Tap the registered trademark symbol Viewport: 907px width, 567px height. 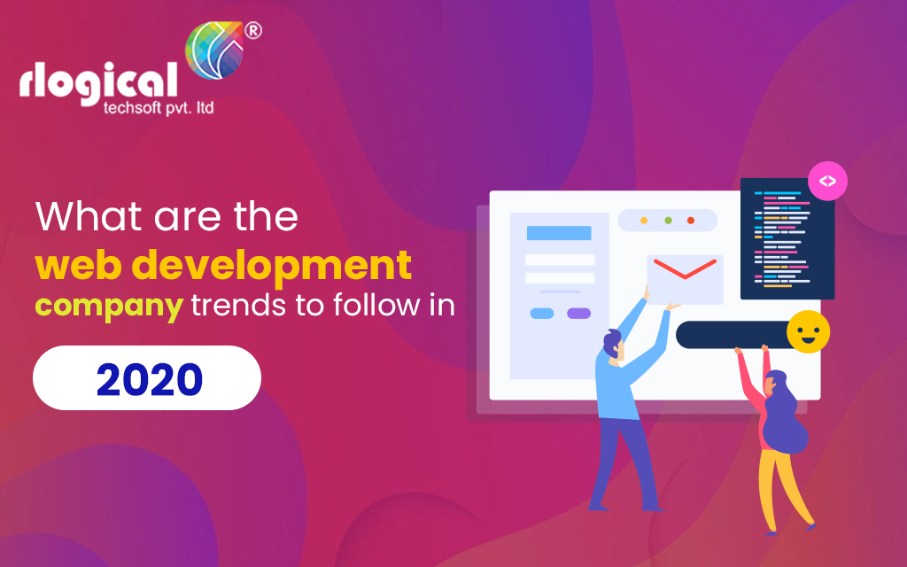coord(252,31)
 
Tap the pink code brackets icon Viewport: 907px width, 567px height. coord(827,182)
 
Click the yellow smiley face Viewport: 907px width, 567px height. coord(808,333)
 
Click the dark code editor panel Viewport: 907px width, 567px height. coord(787,238)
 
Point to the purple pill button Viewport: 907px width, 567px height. coord(578,313)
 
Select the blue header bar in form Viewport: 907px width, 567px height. coord(559,233)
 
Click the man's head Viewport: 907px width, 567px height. coord(611,341)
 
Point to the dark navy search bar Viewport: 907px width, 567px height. coord(731,335)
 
